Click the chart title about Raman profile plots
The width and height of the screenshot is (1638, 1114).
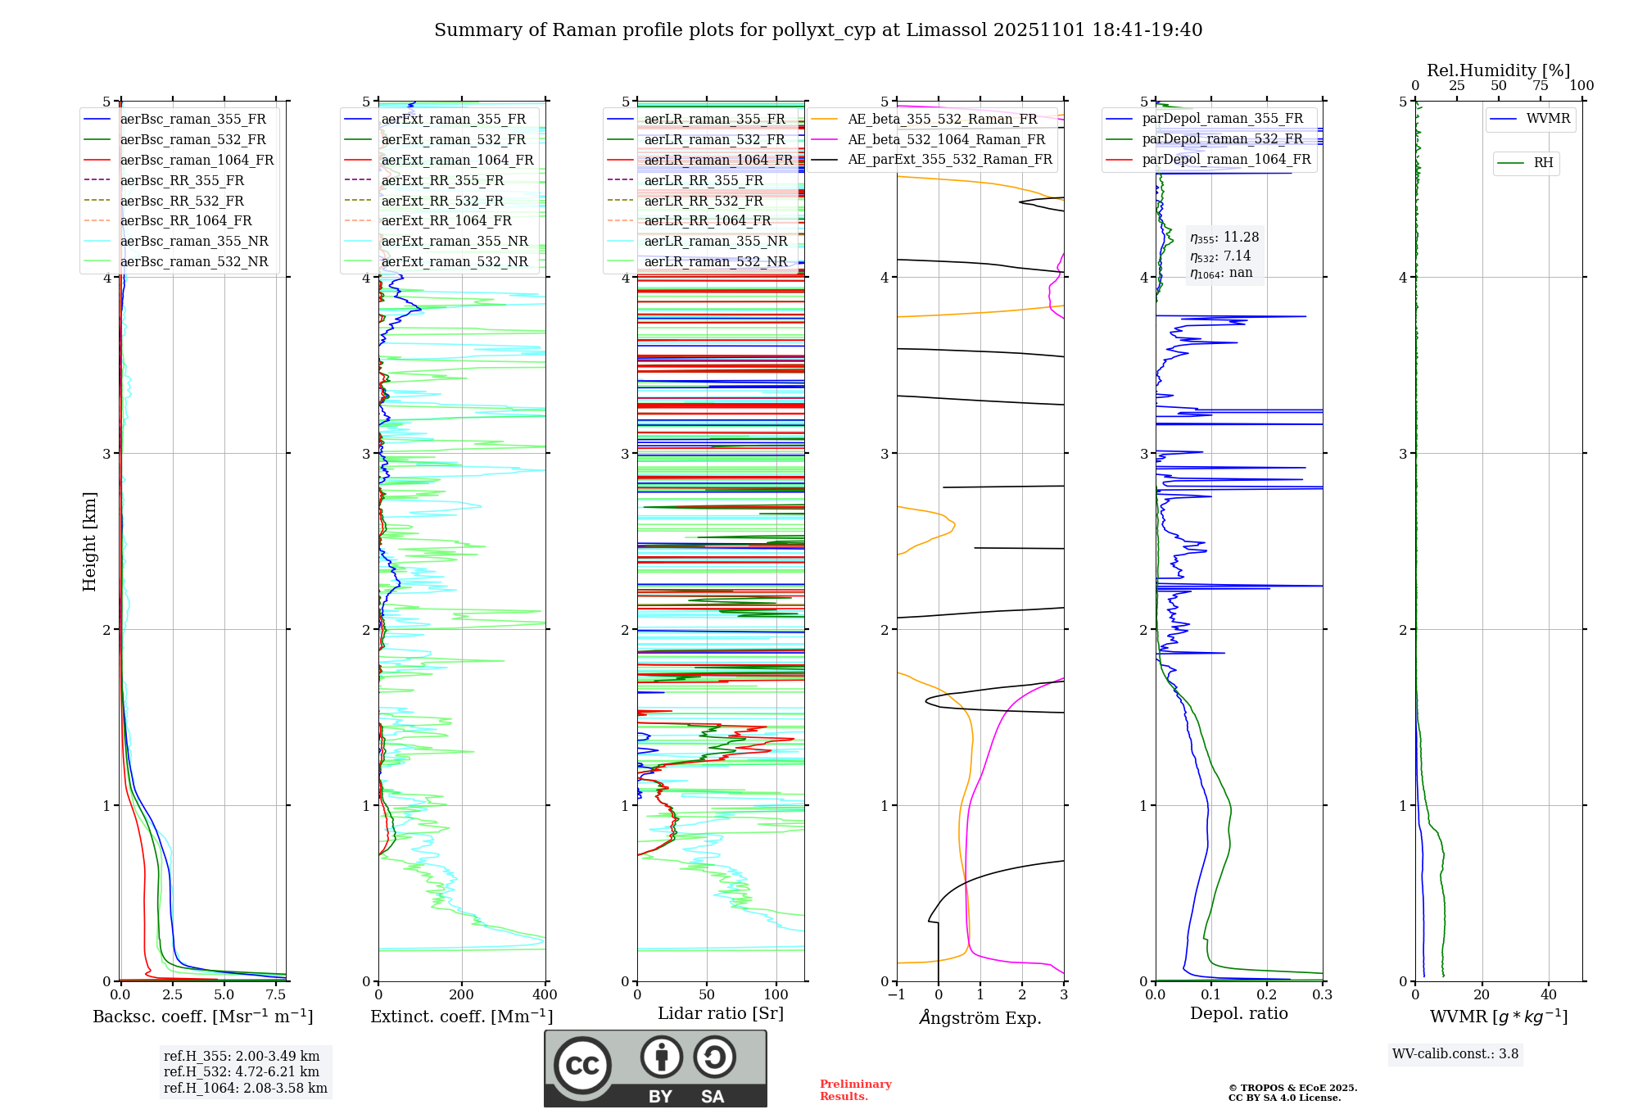pos(818,30)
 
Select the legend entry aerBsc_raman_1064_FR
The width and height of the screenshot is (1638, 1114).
pos(197,160)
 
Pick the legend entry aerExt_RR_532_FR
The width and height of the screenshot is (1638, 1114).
pos(442,201)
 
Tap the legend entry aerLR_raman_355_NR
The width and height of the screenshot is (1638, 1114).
pos(715,241)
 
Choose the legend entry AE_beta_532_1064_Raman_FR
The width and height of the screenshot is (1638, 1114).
pos(946,139)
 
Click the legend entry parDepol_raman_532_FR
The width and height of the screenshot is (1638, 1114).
pos(1222,138)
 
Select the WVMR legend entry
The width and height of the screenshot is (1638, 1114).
pos(1548,119)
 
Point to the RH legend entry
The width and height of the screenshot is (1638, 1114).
pos(1543,163)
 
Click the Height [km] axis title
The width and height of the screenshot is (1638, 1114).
pos(89,541)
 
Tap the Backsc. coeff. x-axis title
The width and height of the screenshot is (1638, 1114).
pos(203,1017)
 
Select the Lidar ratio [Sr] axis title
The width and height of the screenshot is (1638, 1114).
pos(721,1013)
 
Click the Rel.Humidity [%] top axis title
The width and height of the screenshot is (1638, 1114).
pos(1498,70)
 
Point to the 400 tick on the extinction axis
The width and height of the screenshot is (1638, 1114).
pos(545,995)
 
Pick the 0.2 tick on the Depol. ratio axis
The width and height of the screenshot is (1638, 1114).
pos(1267,995)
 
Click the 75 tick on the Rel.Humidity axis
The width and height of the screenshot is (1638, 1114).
pos(1540,86)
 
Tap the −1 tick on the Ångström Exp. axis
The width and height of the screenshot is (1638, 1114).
pos(897,995)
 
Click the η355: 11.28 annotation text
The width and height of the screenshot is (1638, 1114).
pos(1224,238)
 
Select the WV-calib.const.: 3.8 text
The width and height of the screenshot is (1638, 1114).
pos(1455,1054)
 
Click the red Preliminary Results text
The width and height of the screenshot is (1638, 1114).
pos(855,1090)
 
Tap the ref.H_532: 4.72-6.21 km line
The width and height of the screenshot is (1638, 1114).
pos(242,1072)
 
